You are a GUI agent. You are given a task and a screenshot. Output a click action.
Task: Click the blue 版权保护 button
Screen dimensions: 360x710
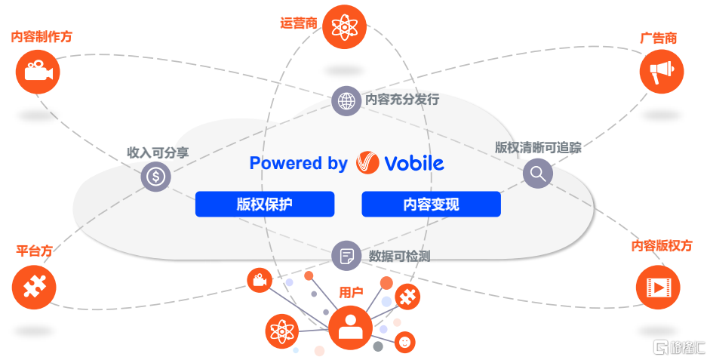click(x=264, y=205)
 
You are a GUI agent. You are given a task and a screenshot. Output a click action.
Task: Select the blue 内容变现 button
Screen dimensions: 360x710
click(x=431, y=205)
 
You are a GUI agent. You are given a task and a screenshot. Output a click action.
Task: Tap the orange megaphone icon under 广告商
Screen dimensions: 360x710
click(x=661, y=72)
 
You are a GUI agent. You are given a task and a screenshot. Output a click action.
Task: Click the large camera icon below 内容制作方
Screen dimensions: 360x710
click(x=37, y=72)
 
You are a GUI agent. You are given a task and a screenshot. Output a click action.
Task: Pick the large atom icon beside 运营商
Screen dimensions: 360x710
click(x=344, y=27)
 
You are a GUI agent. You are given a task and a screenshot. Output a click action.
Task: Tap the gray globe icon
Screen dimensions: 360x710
click(x=346, y=100)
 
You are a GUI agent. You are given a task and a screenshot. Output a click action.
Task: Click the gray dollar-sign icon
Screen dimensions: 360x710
click(x=156, y=177)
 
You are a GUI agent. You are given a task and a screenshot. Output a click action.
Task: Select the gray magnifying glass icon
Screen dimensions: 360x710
click(x=537, y=174)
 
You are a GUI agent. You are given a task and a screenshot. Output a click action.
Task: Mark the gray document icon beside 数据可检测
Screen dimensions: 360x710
click(x=346, y=255)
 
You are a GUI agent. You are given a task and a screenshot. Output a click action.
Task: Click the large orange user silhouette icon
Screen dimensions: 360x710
click(x=350, y=327)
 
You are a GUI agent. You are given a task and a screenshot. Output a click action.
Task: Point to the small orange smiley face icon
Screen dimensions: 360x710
click(x=405, y=342)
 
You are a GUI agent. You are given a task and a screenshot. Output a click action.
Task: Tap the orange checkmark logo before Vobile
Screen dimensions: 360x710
click(x=367, y=163)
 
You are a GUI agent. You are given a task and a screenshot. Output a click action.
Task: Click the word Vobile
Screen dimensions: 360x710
click(x=413, y=163)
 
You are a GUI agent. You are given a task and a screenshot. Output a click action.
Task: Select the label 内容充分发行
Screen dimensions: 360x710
click(x=401, y=100)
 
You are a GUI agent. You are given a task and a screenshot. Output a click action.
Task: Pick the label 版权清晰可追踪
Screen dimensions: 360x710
click(x=538, y=147)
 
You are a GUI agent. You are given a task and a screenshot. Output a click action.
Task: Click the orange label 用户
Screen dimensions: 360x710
click(x=351, y=291)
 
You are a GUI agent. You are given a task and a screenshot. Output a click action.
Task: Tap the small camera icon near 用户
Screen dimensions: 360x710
click(x=259, y=281)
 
